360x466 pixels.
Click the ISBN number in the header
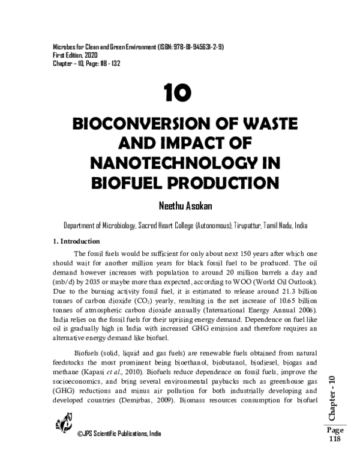tap(181, 47)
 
